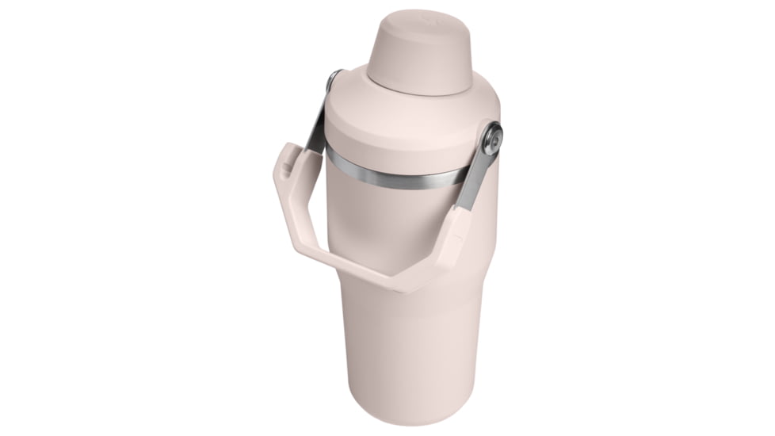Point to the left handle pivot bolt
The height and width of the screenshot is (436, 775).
click(334, 79)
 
